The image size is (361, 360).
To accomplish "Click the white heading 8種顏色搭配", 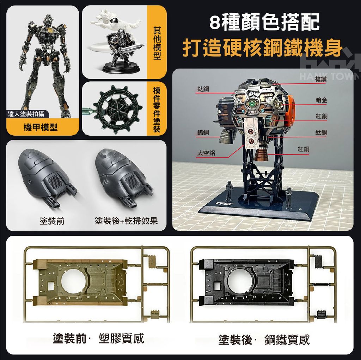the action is tap(264, 22).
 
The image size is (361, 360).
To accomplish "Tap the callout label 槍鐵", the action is tap(321, 79).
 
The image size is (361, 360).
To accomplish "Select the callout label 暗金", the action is tap(321, 100).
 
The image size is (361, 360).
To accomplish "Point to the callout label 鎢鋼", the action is tap(203, 132).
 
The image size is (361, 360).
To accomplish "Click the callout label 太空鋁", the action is tap(206, 153).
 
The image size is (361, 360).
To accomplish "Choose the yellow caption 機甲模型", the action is tap(41, 127).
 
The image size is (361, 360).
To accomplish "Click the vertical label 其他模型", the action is tap(157, 43).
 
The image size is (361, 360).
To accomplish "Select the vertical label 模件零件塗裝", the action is tap(157, 110).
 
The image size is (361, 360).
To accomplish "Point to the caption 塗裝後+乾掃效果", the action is tap(126, 221).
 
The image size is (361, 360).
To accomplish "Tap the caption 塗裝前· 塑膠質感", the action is tap(98, 339).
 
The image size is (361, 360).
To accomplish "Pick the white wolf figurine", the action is tap(115, 21).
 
